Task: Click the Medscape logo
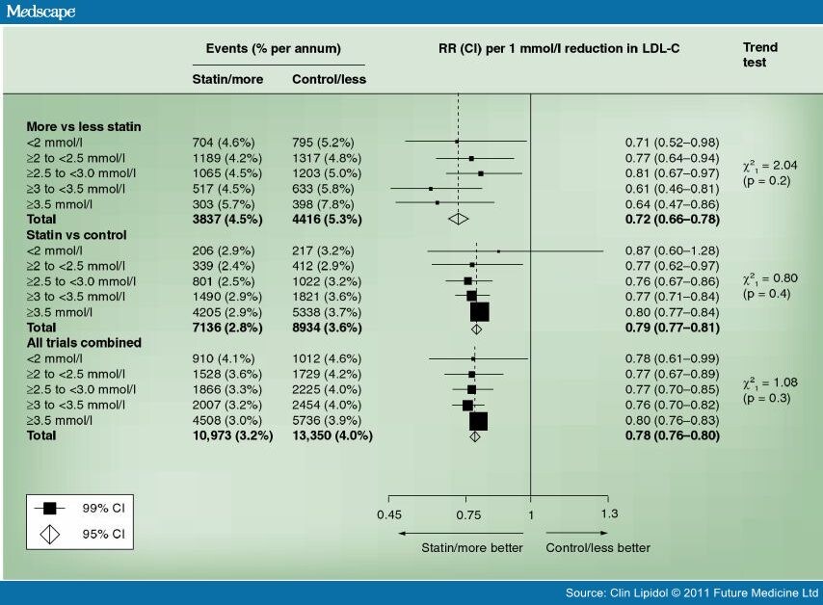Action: tap(39, 12)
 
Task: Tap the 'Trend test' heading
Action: tap(760, 54)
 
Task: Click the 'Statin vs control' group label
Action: tap(77, 234)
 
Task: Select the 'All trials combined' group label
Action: tap(84, 342)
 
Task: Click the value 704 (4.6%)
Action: tap(228, 143)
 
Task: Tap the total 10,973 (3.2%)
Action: tap(234, 435)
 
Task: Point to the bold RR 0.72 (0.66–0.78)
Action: tap(672, 220)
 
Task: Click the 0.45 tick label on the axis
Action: tap(389, 513)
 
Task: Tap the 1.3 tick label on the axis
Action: tap(609, 513)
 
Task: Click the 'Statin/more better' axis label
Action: tap(472, 548)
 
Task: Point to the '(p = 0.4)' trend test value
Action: tap(766, 293)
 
